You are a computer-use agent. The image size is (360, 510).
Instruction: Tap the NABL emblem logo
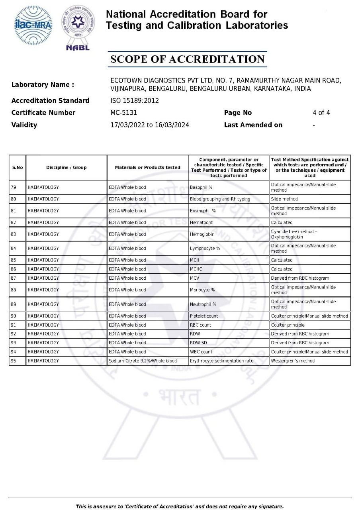[x=78, y=27]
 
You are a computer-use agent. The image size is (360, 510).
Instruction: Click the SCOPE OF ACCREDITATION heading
[x=187, y=59]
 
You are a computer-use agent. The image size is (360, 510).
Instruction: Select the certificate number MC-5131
[x=123, y=113]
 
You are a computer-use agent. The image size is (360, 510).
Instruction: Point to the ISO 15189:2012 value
[x=134, y=100]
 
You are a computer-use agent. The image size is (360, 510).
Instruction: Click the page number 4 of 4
[x=321, y=113]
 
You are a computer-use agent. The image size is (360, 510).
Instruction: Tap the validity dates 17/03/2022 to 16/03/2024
[x=149, y=125]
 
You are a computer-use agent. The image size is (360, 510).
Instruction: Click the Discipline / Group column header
[x=66, y=167]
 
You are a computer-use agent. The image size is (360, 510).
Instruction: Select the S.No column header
[x=18, y=167]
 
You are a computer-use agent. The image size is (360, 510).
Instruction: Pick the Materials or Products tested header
[x=147, y=167]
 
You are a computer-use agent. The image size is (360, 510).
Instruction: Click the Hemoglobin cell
[x=202, y=234]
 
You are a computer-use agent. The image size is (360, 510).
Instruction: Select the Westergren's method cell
[x=293, y=361]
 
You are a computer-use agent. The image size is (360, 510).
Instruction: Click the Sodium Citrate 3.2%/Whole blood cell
[x=143, y=361]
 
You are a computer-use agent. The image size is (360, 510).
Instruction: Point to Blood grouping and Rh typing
[x=220, y=199]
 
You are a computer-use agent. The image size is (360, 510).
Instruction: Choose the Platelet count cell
[x=204, y=316]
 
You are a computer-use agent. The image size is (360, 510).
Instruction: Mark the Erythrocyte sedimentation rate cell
[x=221, y=361]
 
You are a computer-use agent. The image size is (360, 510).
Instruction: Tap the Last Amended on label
[x=253, y=125]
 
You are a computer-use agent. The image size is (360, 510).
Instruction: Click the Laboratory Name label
[x=43, y=85]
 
